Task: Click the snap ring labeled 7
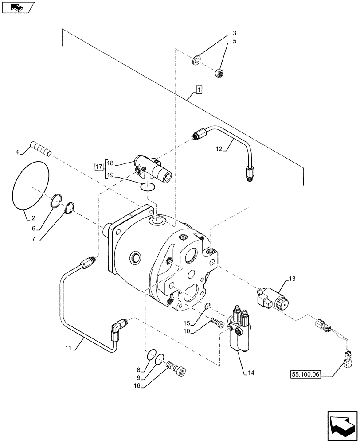tap(70, 207)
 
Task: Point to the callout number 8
tap(139, 369)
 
